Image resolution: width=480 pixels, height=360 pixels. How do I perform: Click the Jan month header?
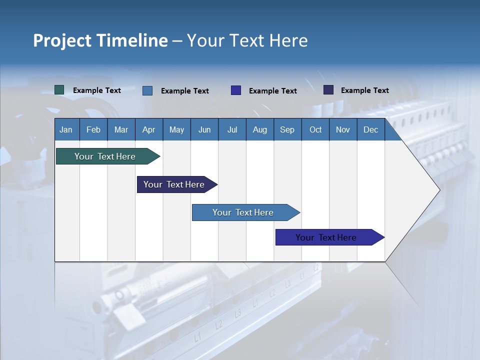click(66, 129)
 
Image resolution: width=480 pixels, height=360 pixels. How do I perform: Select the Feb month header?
click(93, 129)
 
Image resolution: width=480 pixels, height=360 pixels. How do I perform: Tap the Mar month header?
click(121, 129)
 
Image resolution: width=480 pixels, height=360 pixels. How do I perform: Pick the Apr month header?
click(149, 129)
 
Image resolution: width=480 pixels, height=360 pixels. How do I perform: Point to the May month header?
click(176, 129)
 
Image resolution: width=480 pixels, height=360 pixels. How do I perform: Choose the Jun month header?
click(204, 129)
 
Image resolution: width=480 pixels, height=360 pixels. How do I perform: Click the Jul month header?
click(232, 129)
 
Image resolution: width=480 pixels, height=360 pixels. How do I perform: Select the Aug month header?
click(260, 129)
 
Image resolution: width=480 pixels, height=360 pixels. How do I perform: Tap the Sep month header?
click(287, 129)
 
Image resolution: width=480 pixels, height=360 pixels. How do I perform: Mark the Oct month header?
click(315, 129)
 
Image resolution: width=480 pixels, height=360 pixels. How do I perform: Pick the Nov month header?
click(343, 129)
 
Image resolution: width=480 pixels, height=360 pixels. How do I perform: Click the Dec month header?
click(371, 129)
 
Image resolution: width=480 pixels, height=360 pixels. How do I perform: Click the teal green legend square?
click(59, 90)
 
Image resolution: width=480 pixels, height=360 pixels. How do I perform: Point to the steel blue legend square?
click(147, 90)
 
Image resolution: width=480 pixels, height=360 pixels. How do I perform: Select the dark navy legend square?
click(328, 90)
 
